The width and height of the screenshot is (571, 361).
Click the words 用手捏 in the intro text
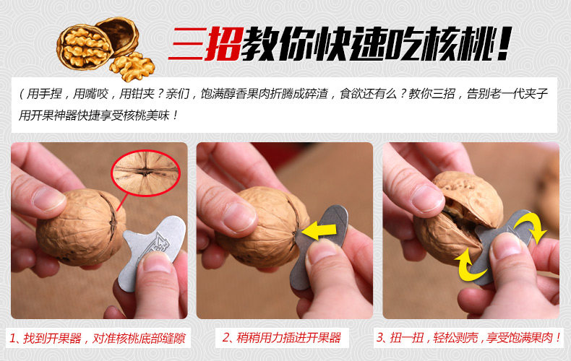[44, 95]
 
